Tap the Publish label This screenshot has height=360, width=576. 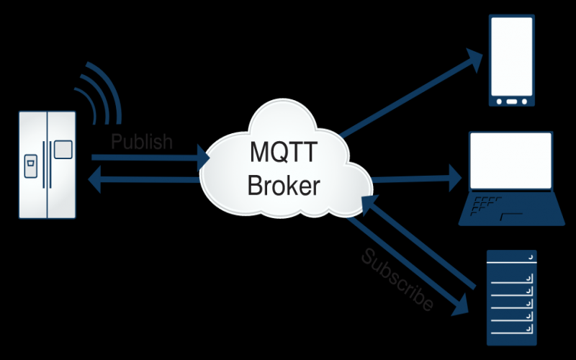142,141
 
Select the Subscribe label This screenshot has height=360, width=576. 397,280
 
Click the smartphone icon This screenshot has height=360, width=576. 512,61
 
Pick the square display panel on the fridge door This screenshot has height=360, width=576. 63,150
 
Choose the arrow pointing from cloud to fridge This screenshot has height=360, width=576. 144,180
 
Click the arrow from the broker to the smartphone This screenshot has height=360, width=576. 410,94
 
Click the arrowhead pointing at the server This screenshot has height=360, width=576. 461,307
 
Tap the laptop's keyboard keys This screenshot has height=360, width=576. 490,204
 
